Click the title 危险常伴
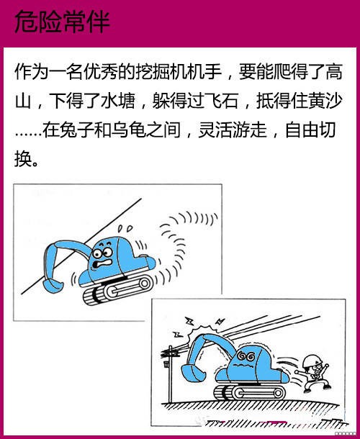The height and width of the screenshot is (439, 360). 62,22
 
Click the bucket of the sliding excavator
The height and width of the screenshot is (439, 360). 52,286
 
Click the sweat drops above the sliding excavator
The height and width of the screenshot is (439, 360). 125,228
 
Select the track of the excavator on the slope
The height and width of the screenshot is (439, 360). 117,290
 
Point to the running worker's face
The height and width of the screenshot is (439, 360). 316,369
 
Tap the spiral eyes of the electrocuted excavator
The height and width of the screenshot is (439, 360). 246,356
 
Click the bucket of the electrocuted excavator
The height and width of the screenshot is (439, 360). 193,372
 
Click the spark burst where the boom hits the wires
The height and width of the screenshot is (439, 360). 201,330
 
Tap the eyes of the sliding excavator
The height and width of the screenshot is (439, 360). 102,253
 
